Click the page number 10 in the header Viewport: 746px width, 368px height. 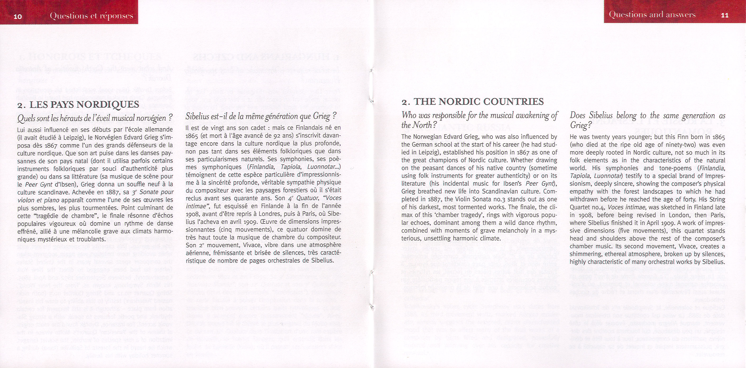tap(18, 16)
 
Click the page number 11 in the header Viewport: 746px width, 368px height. tap(724, 15)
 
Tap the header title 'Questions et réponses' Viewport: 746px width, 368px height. tap(91, 16)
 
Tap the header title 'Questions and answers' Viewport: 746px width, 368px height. tap(652, 15)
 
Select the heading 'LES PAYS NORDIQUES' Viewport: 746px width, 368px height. tap(84, 104)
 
